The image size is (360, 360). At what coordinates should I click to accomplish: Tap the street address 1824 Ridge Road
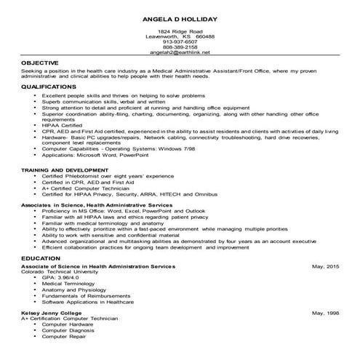pos(180,32)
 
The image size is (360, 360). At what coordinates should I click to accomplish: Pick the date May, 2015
pos(325,268)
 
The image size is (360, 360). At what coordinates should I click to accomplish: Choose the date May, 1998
pos(325,312)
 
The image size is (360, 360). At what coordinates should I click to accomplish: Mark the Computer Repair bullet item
pos(64,337)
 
